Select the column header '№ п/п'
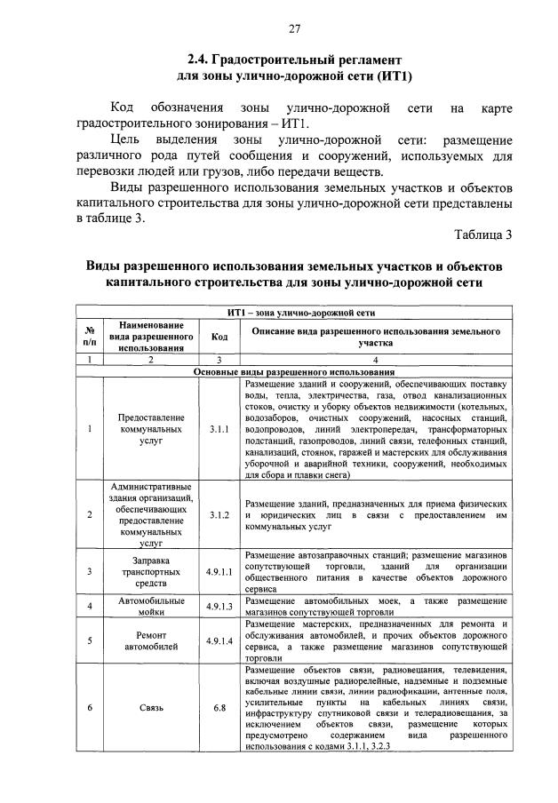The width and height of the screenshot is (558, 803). coord(90,337)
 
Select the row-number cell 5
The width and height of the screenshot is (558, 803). coord(90,640)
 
